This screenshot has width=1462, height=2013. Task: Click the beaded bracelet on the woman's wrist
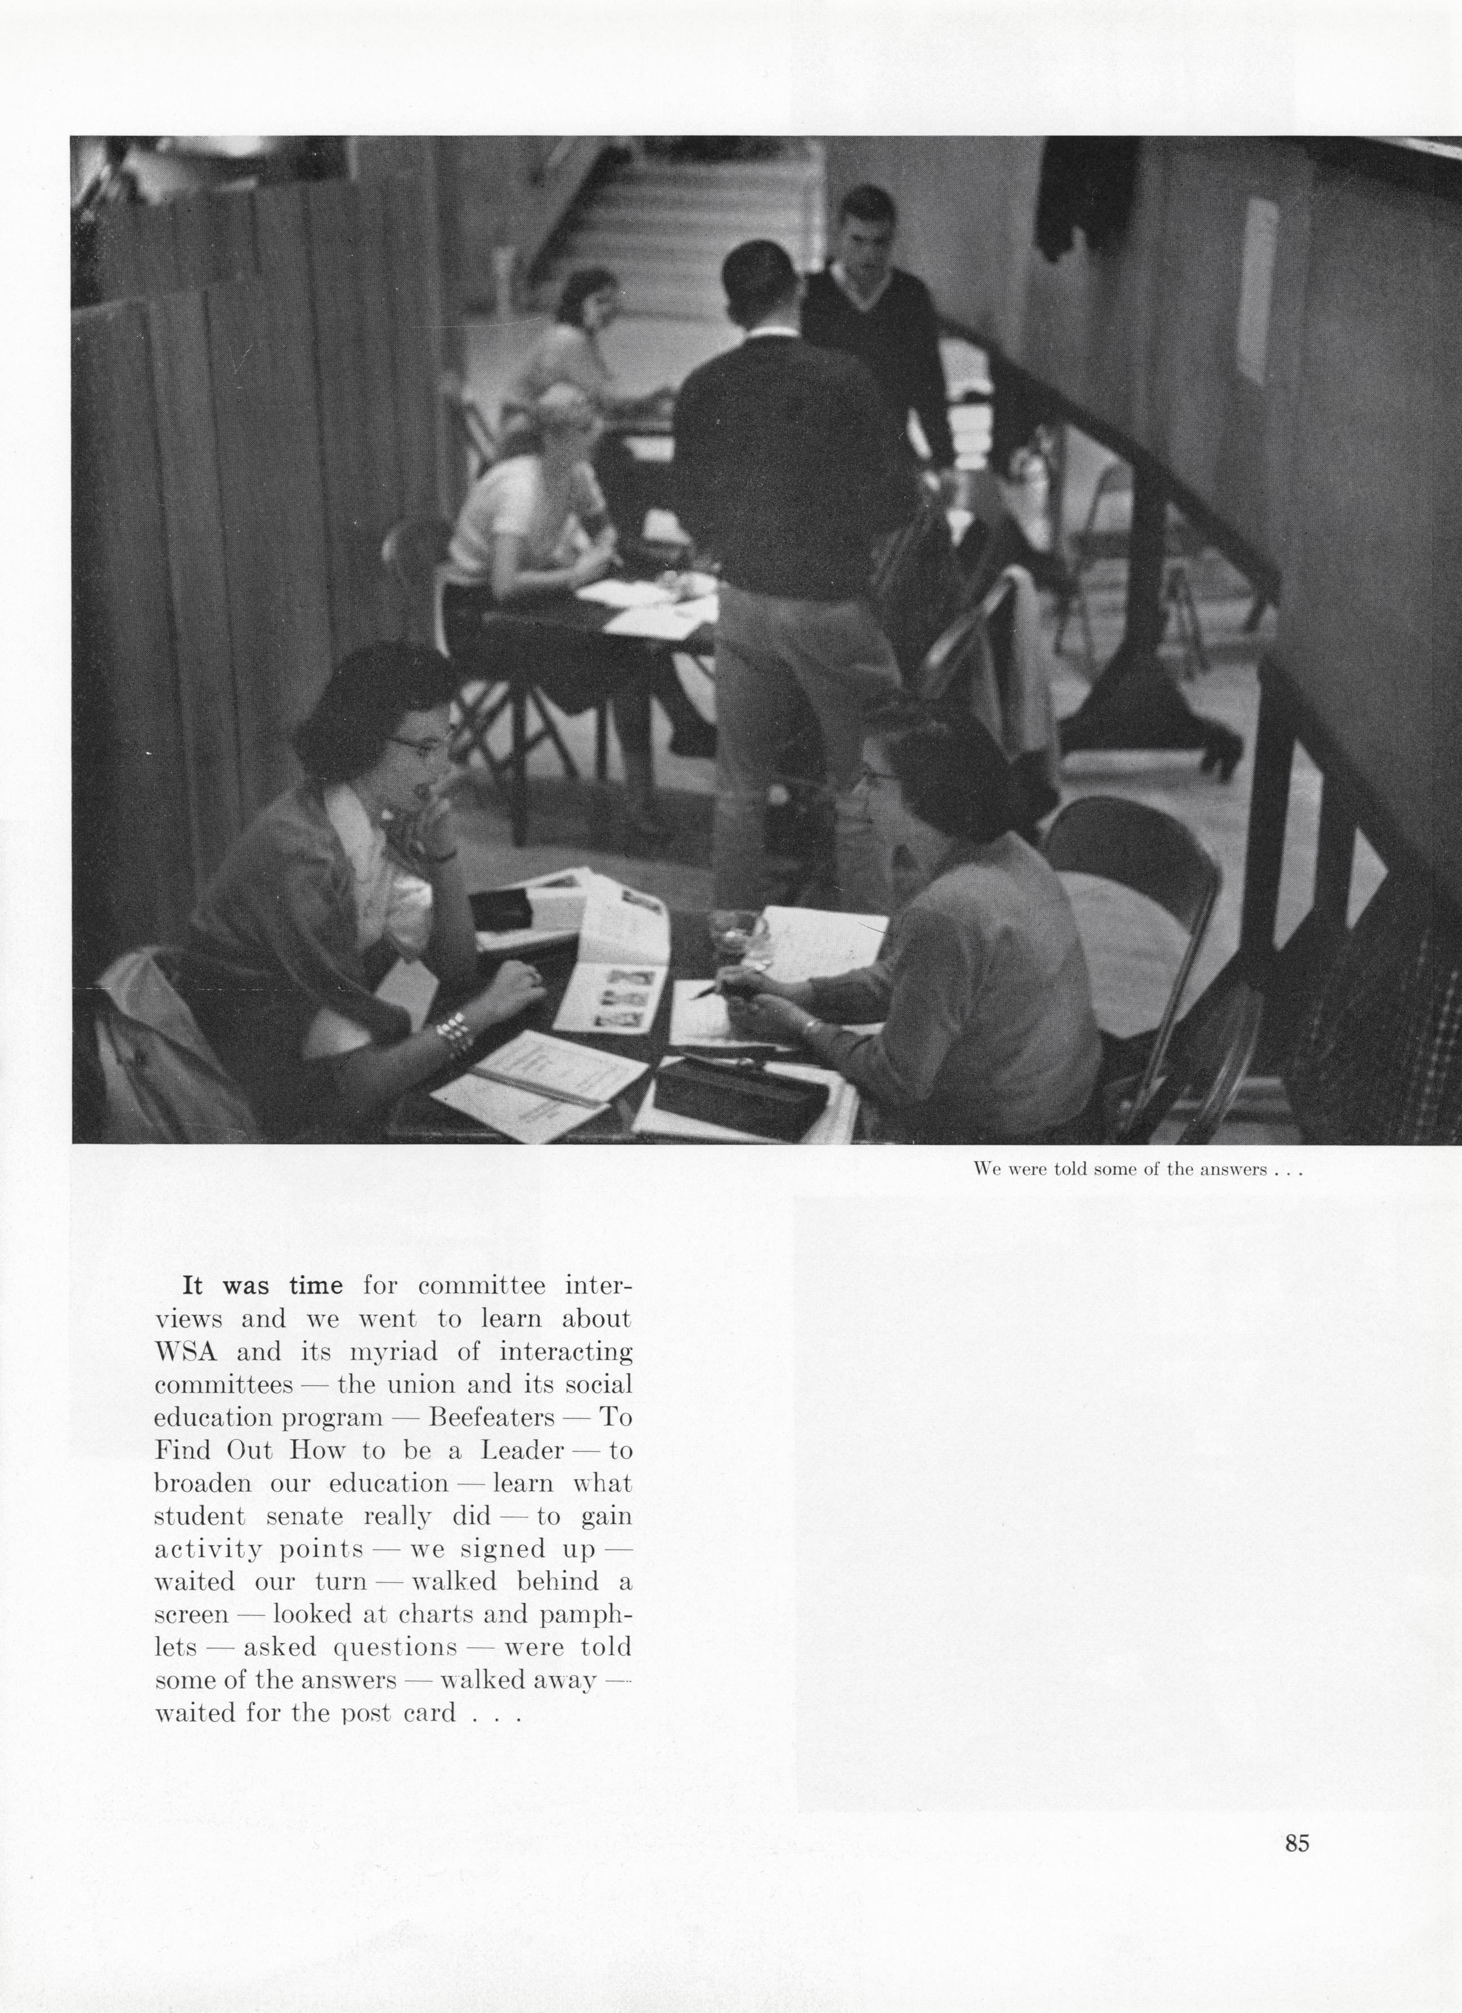click(452, 1034)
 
